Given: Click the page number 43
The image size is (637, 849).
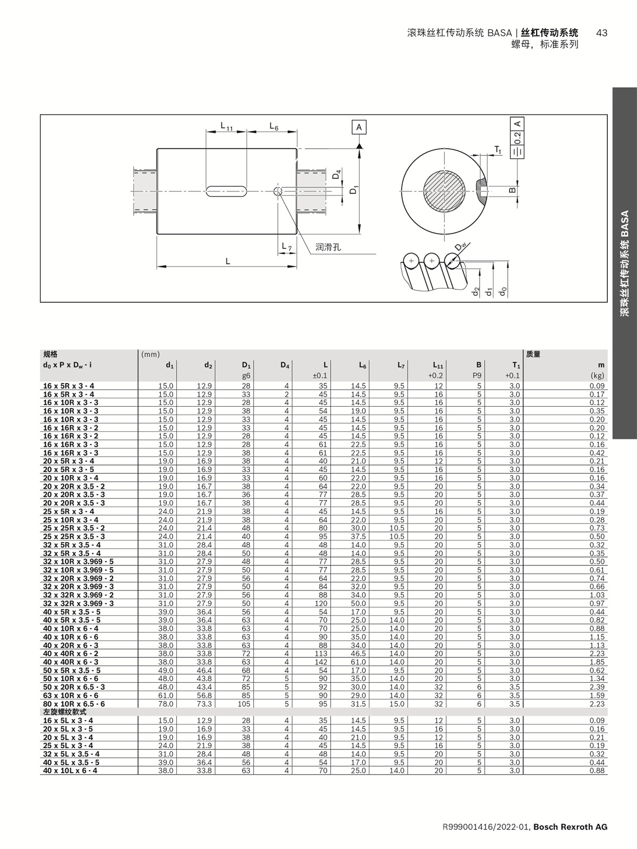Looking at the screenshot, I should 601,33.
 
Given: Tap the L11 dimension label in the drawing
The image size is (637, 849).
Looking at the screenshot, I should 227,126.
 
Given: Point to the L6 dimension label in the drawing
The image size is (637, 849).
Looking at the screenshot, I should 274,126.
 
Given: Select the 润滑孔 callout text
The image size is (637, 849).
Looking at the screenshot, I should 328,247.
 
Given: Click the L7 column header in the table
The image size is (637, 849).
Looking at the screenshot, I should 401,365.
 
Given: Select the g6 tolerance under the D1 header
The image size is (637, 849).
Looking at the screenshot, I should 246,375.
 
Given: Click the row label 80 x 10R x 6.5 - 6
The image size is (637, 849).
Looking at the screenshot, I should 74,704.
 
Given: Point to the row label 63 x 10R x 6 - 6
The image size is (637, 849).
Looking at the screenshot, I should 71,695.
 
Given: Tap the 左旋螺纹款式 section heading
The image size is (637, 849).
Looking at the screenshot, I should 64,711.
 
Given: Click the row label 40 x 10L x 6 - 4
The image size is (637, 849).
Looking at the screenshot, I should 70,770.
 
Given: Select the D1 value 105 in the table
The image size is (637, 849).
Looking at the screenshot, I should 244,704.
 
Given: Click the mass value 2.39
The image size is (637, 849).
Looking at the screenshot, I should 597,687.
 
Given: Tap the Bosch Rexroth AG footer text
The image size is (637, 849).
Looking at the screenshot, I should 570,827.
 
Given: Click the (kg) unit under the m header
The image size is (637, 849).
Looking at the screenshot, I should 597,375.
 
